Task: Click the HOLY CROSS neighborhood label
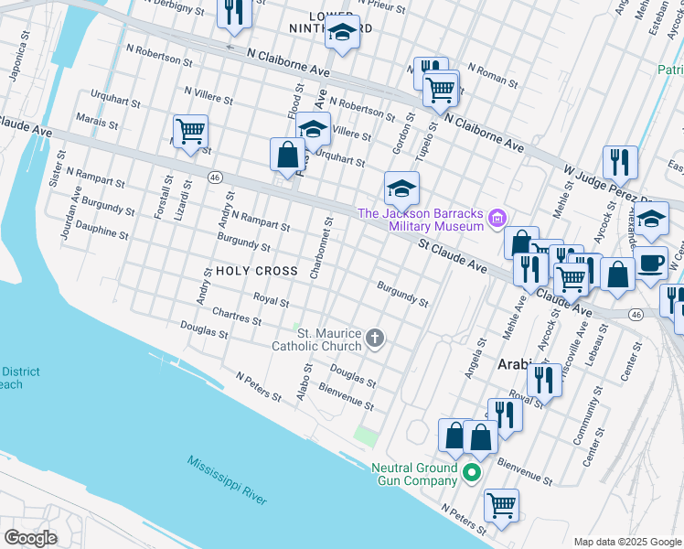257,271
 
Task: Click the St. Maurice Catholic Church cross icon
374,339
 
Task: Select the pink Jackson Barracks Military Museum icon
497,219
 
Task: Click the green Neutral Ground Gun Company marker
472,473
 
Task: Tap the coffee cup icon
651,261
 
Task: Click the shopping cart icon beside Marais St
190,131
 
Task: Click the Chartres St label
237,317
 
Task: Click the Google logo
30,537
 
